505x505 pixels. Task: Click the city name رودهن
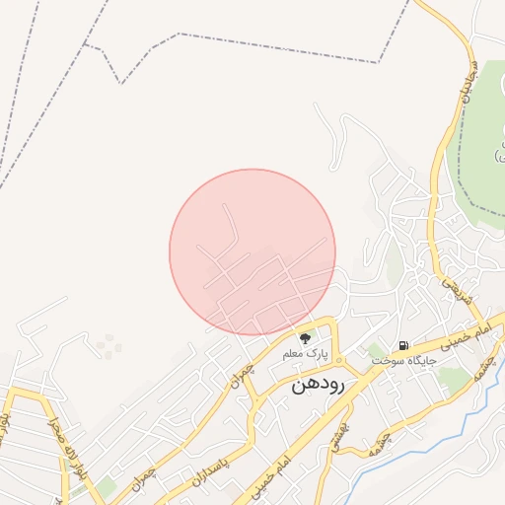[319, 387]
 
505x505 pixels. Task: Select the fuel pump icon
[403, 346]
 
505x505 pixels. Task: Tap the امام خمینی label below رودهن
[283, 456]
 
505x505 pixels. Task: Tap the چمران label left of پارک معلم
[242, 372]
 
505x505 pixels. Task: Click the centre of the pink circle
[252, 252]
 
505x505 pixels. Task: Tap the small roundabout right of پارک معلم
[339, 360]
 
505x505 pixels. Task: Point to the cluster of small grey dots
[108, 345]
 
